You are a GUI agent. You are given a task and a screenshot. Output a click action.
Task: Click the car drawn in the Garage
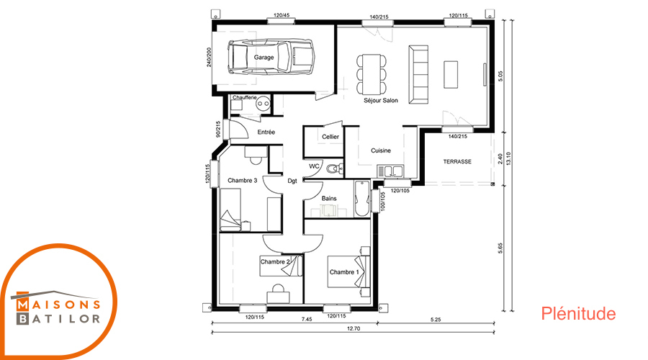(271, 57)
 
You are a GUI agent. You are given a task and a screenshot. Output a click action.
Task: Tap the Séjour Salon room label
(381, 100)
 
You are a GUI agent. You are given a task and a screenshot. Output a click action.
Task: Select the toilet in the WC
(334, 168)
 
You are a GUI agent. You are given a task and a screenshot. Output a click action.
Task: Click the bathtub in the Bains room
(362, 199)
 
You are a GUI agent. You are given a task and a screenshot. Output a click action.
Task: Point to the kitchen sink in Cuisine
(390, 171)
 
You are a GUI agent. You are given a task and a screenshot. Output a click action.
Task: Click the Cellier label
(330, 137)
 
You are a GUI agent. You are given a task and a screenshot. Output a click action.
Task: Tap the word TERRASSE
(457, 161)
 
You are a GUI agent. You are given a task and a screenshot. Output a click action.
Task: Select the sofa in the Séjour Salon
(418, 74)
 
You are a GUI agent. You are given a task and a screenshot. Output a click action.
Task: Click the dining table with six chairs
(372, 74)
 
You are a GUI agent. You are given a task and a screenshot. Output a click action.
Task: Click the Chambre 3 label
(242, 181)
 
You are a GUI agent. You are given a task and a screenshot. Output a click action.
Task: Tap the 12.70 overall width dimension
(354, 329)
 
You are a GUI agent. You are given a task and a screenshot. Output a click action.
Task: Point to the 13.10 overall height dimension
(509, 158)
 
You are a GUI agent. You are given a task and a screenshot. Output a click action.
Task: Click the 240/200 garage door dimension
(209, 57)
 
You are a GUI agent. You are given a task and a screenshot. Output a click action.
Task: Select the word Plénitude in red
(578, 314)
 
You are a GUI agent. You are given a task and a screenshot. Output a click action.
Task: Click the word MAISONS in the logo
(58, 305)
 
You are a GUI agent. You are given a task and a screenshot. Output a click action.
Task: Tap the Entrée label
(266, 132)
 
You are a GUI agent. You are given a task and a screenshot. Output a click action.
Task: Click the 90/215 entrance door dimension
(217, 129)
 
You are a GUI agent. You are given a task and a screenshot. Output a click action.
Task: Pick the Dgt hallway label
(292, 181)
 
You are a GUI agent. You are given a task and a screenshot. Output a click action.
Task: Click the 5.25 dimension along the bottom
(436, 320)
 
